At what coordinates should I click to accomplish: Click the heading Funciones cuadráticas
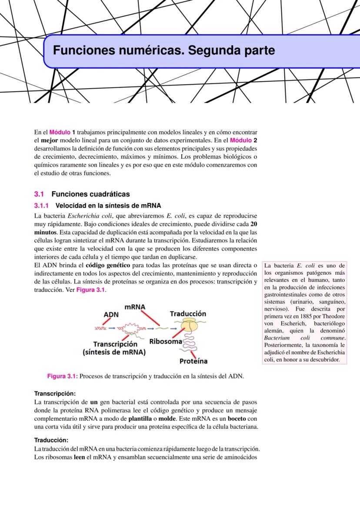tap(90, 194)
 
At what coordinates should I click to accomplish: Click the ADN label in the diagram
tap(111, 314)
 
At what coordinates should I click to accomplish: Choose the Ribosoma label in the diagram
tap(165, 341)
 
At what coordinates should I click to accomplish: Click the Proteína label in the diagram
tap(193, 361)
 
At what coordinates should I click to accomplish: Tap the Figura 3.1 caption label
tap(62, 376)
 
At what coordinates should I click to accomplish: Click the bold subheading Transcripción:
tap(55, 393)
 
